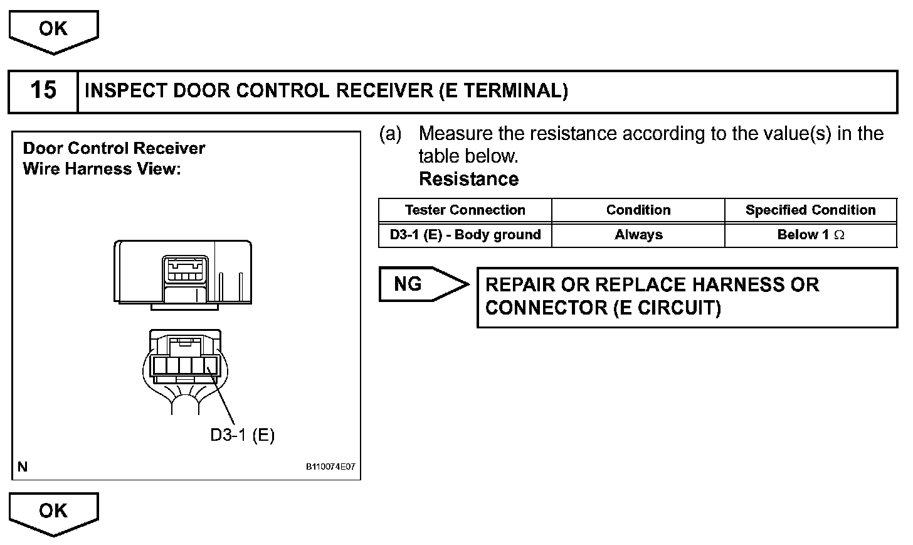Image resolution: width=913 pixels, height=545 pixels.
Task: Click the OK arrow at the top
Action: tap(53, 30)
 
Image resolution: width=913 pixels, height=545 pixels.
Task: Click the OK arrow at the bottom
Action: tap(53, 511)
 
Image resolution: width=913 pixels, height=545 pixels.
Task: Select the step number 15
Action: tap(43, 90)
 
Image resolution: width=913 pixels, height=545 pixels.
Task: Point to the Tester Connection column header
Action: tap(465, 210)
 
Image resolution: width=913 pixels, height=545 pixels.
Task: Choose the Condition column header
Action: tap(638, 210)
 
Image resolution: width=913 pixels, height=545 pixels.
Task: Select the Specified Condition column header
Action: tap(810, 210)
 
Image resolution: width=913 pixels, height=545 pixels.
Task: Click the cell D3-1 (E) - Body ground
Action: tap(465, 235)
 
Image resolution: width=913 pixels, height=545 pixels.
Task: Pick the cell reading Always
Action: tap(638, 235)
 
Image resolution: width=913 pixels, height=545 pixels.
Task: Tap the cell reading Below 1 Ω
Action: tap(810, 235)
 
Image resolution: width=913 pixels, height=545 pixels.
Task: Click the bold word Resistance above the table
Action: tap(468, 180)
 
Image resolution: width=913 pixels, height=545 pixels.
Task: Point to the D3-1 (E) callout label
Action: tap(242, 435)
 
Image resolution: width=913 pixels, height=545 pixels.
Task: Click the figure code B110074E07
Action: tap(330, 467)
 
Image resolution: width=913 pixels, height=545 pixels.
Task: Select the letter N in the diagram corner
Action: tap(23, 467)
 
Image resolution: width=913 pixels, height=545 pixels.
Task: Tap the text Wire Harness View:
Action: tap(102, 169)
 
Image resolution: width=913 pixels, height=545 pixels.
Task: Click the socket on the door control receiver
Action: tap(184, 271)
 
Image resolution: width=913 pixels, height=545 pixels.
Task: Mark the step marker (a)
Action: tap(390, 134)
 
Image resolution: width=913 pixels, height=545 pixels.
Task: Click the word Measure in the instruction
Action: tap(455, 134)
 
